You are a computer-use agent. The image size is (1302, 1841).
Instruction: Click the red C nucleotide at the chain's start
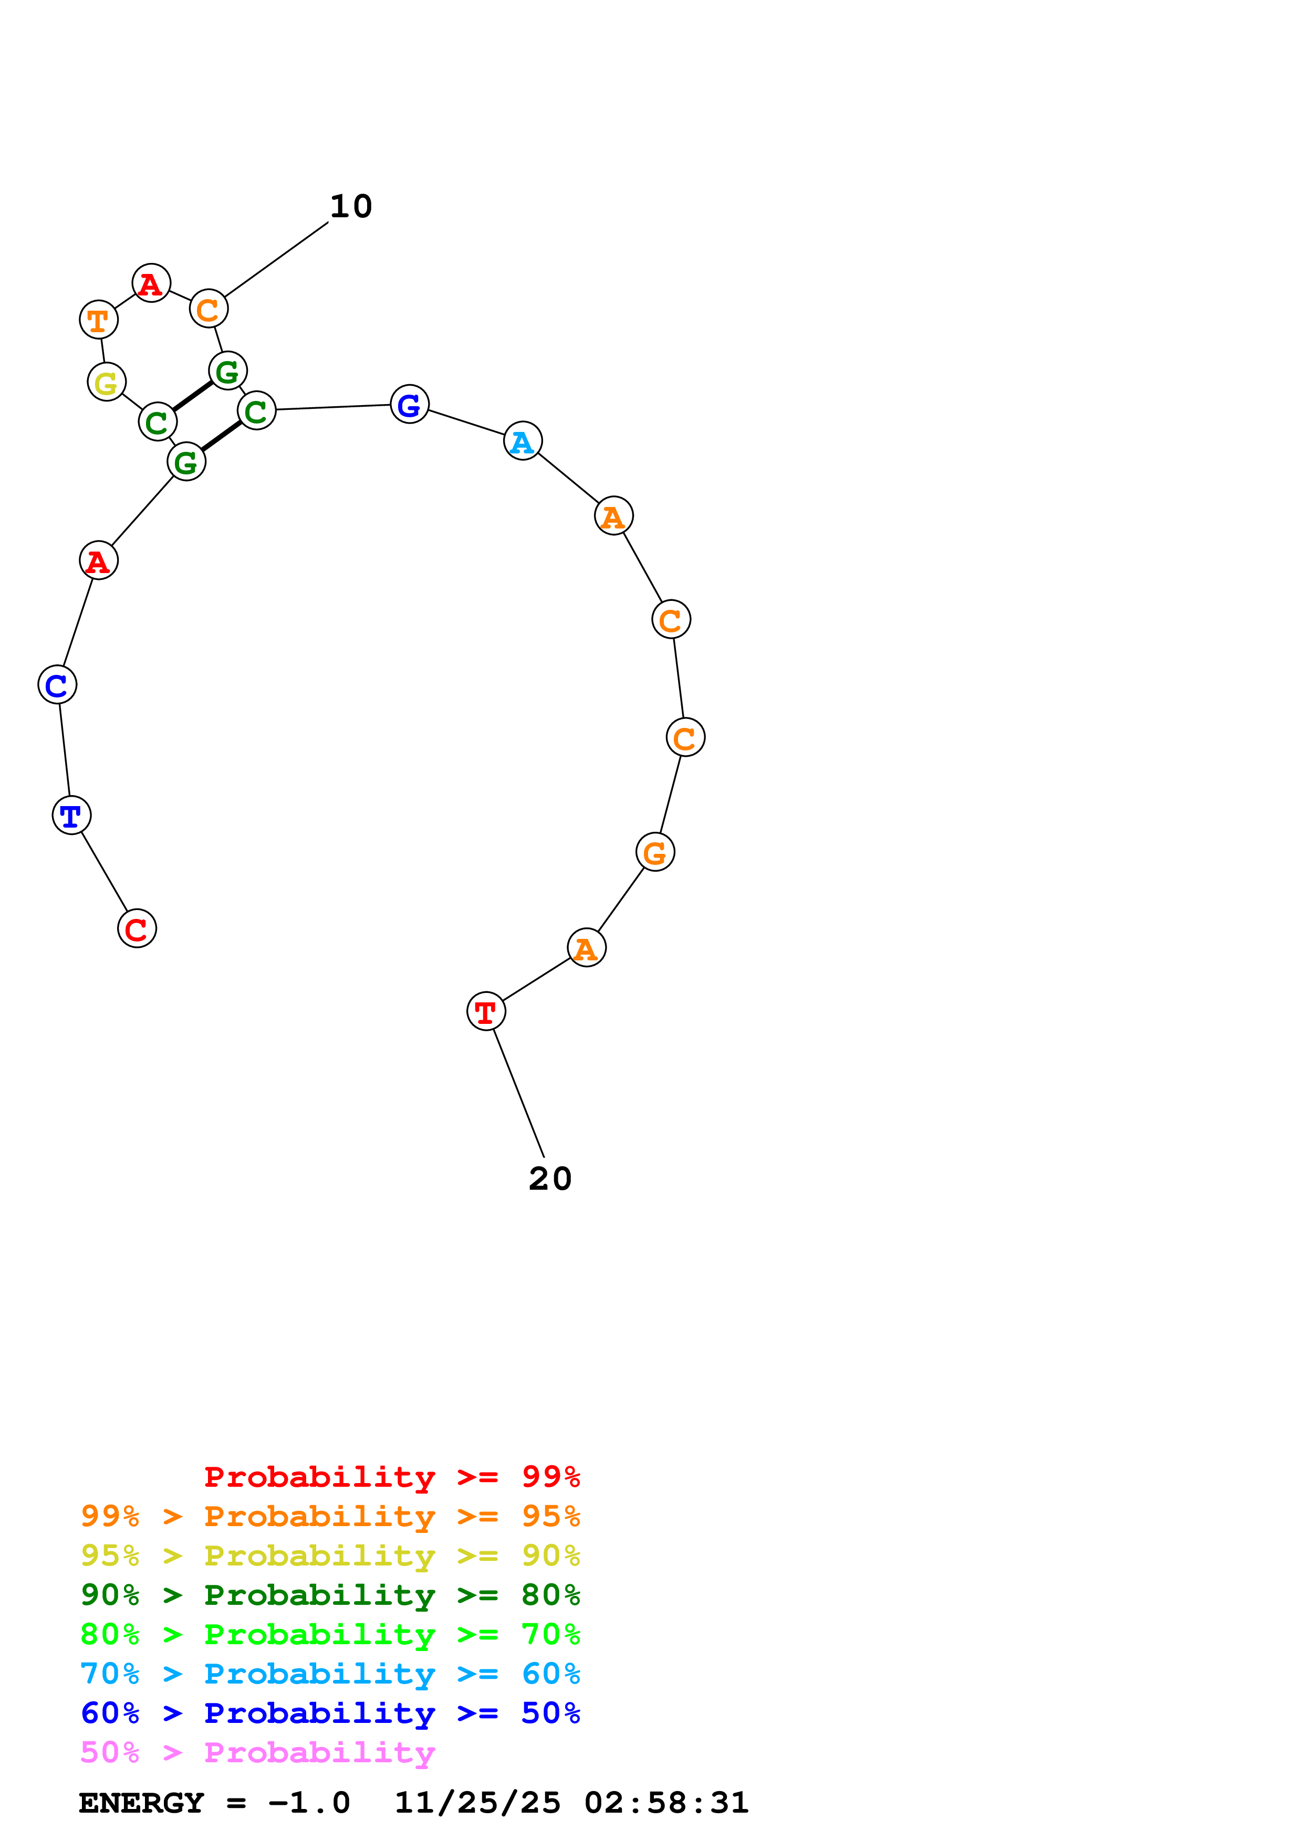point(137,928)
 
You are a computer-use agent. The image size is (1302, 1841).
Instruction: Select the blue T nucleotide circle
point(71,816)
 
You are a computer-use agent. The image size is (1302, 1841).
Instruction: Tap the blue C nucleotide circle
point(57,685)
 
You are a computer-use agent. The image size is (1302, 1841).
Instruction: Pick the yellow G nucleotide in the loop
point(107,383)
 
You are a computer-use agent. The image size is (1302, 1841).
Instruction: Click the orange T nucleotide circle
point(99,320)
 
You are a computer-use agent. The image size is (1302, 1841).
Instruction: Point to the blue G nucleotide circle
point(409,404)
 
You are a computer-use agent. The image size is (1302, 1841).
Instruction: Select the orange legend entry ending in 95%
point(330,1516)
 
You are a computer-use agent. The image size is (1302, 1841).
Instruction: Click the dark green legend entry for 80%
point(330,1595)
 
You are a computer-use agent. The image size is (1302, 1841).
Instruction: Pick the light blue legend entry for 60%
point(330,1674)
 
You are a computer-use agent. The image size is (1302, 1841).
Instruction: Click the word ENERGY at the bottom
point(141,1803)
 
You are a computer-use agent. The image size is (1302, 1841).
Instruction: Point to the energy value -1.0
point(310,1803)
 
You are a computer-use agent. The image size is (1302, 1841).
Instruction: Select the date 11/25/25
point(477,1803)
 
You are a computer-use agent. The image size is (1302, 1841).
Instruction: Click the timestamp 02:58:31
point(666,1803)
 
